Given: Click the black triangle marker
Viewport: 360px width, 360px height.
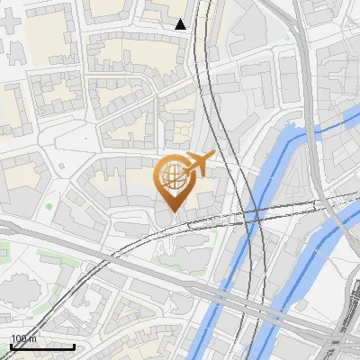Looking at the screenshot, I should click(x=181, y=24).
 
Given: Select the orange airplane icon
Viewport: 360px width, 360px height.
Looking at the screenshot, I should click(x=199, y=163).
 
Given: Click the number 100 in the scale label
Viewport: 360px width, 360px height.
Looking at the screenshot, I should click(x=18, y=338).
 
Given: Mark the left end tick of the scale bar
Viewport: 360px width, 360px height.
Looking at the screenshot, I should click(x=10, y=346).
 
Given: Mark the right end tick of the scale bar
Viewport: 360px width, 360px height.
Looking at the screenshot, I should click(x=74, y=346).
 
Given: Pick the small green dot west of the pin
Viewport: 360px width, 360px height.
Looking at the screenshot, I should click(x=49, y=207).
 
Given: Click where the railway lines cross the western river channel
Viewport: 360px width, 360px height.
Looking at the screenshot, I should click(x=255, y=216).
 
